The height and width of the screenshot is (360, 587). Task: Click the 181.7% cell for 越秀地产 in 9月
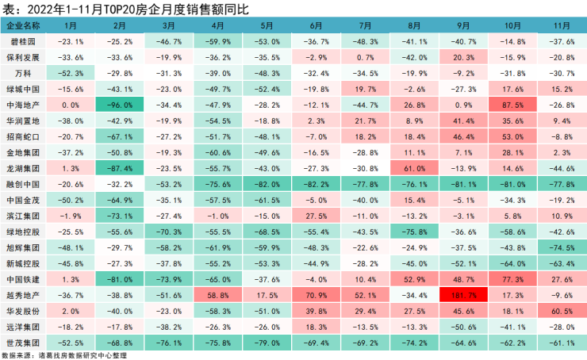462,294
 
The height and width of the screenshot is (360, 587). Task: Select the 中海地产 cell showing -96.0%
120,104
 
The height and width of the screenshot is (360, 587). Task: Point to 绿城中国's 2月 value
120,88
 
